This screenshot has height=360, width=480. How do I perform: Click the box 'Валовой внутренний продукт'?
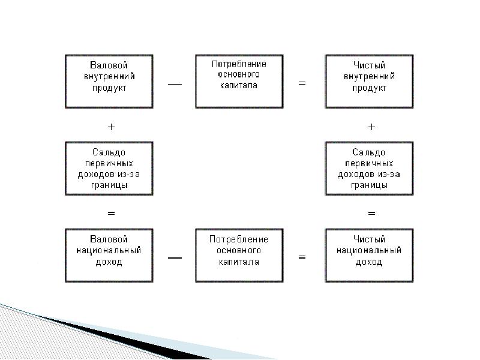coord(109,82)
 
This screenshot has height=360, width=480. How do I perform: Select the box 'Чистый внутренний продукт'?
coord(369,82)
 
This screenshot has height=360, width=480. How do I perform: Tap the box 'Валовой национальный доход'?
coord(109,255)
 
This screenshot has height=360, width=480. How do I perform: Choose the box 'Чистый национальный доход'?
coord(369,255)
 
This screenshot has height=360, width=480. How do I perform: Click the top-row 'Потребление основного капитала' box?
coord(239,82)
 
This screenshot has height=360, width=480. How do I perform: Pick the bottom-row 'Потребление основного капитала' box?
coord(239,255)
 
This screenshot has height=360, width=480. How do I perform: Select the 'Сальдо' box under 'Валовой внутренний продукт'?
coord(109,169)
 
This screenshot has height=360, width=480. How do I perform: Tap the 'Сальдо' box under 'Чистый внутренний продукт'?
coord(369,169)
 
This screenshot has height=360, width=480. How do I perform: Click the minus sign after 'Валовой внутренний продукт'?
coord(174,84)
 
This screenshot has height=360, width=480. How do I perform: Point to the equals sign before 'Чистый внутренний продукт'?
coord(302,84)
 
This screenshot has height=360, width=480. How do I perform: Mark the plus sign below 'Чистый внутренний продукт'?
coord(371,127)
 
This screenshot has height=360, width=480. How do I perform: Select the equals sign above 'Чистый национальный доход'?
coord(371,213)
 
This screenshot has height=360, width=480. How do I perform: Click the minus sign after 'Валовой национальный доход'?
coord(175,257)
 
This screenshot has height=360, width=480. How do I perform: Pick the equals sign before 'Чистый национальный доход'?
coord(302,257)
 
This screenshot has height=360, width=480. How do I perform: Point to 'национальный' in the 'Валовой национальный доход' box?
coord(109,250)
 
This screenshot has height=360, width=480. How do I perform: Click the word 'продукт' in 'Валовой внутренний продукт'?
coord(109,88)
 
